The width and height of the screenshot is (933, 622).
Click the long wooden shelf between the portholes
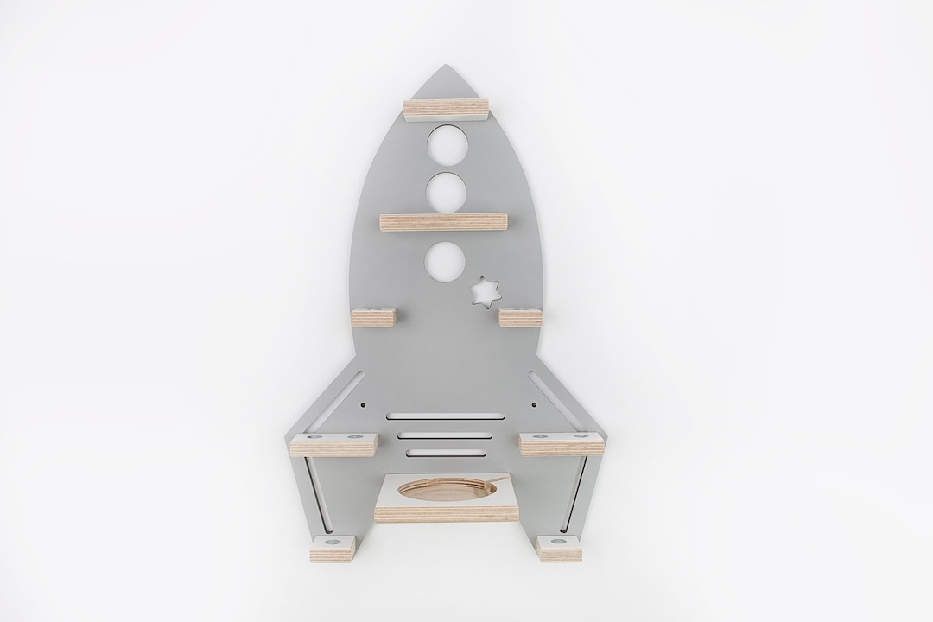443,222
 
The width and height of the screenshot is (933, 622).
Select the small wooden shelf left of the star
372,315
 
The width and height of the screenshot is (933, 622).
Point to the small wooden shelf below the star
519,316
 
